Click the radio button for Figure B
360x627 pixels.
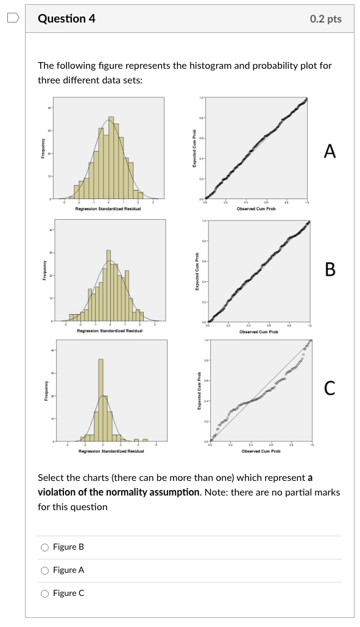[44, 547]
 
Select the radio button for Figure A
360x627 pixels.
[44, 570]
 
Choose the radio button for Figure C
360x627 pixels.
[44, 594]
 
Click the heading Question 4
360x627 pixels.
[66, 19]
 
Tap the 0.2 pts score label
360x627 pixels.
[325, 19]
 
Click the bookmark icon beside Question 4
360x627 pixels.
[13, 18]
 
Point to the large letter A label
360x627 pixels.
[330, 152]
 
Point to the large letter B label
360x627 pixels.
[330, 269]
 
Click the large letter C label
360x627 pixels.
[330, 387]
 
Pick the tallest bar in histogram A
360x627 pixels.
[110, 158]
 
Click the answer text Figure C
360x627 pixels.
[69, 594]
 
